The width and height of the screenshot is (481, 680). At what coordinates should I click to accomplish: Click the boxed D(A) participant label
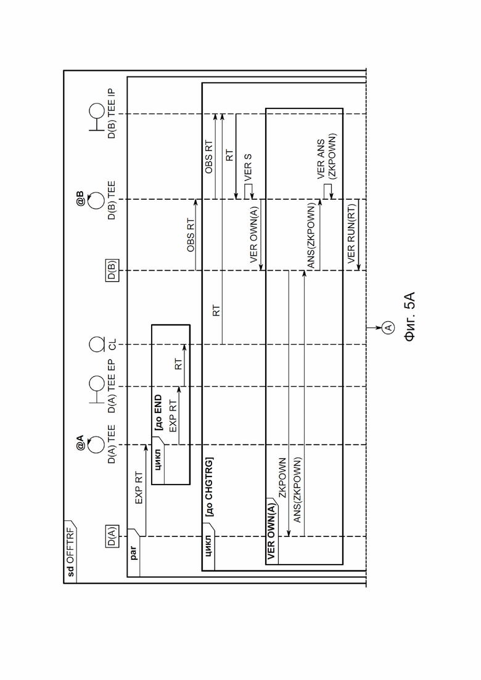pyautogui.click(x=112, y=536)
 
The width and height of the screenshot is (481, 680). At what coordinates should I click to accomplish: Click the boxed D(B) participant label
pyautogui.click(x=112, y=270)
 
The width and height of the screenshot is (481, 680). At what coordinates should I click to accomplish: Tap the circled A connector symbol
pyautogui.click(x=388, y=327)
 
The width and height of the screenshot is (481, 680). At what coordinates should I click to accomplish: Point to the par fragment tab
pyautogui.click(x=134, y=553)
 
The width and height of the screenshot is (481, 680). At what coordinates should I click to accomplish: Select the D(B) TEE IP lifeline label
pyautogui.click(x=112, y=113)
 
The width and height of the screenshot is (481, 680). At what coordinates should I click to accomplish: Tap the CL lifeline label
pyautogui.click(x=112, y=345)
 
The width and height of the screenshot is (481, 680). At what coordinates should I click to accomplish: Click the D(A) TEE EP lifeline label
pyautogui.click(x=112, y=386)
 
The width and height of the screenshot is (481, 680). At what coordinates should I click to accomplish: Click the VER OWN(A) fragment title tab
pyautogui.click(x=271, y=531)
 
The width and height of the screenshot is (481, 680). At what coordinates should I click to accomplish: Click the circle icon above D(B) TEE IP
pyautogui.click(x=96, y=111)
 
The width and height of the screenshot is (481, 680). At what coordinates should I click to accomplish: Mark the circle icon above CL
pyautogui.click(x=96, y=345)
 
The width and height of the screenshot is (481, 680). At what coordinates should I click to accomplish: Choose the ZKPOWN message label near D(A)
pyautogui.click(x=282, y=477)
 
